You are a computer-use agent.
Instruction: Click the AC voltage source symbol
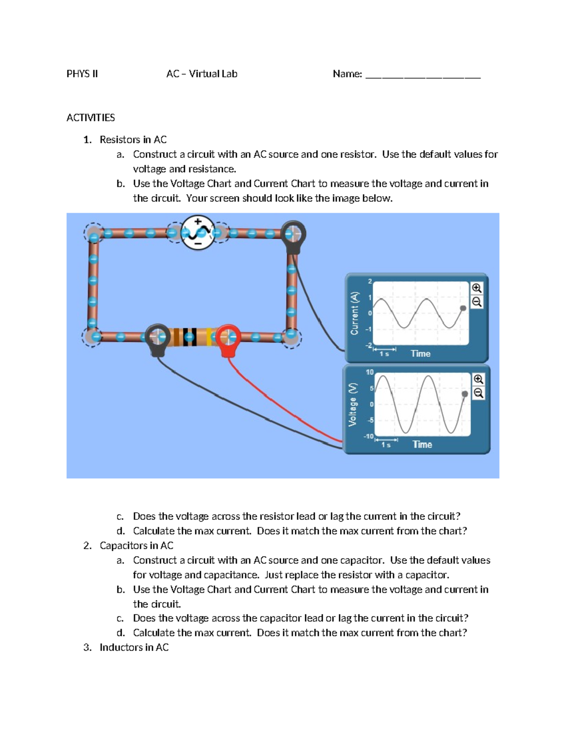(198, 232)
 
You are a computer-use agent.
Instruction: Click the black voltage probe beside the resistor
(157, 337)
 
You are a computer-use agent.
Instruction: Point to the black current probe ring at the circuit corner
(293, 234)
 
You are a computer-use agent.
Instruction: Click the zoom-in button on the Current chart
(476, 288)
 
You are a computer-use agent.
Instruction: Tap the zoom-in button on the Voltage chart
(478, 379)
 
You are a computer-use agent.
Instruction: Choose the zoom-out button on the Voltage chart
(478, 393)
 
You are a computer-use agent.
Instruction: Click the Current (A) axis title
(354, 313)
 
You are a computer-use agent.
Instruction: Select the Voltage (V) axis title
(352, 404)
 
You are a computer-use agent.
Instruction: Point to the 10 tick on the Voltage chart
(369, 372)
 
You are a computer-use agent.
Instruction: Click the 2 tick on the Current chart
(370, 281)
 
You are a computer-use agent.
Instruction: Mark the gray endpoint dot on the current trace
(463, 308)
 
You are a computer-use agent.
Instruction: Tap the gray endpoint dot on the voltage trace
(465, 394)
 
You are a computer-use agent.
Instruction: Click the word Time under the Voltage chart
(422, 444)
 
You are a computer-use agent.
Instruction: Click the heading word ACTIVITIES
(91, 117)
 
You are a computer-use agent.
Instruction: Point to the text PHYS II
(82, 74)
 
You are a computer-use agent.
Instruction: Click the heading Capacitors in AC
(136, 545)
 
